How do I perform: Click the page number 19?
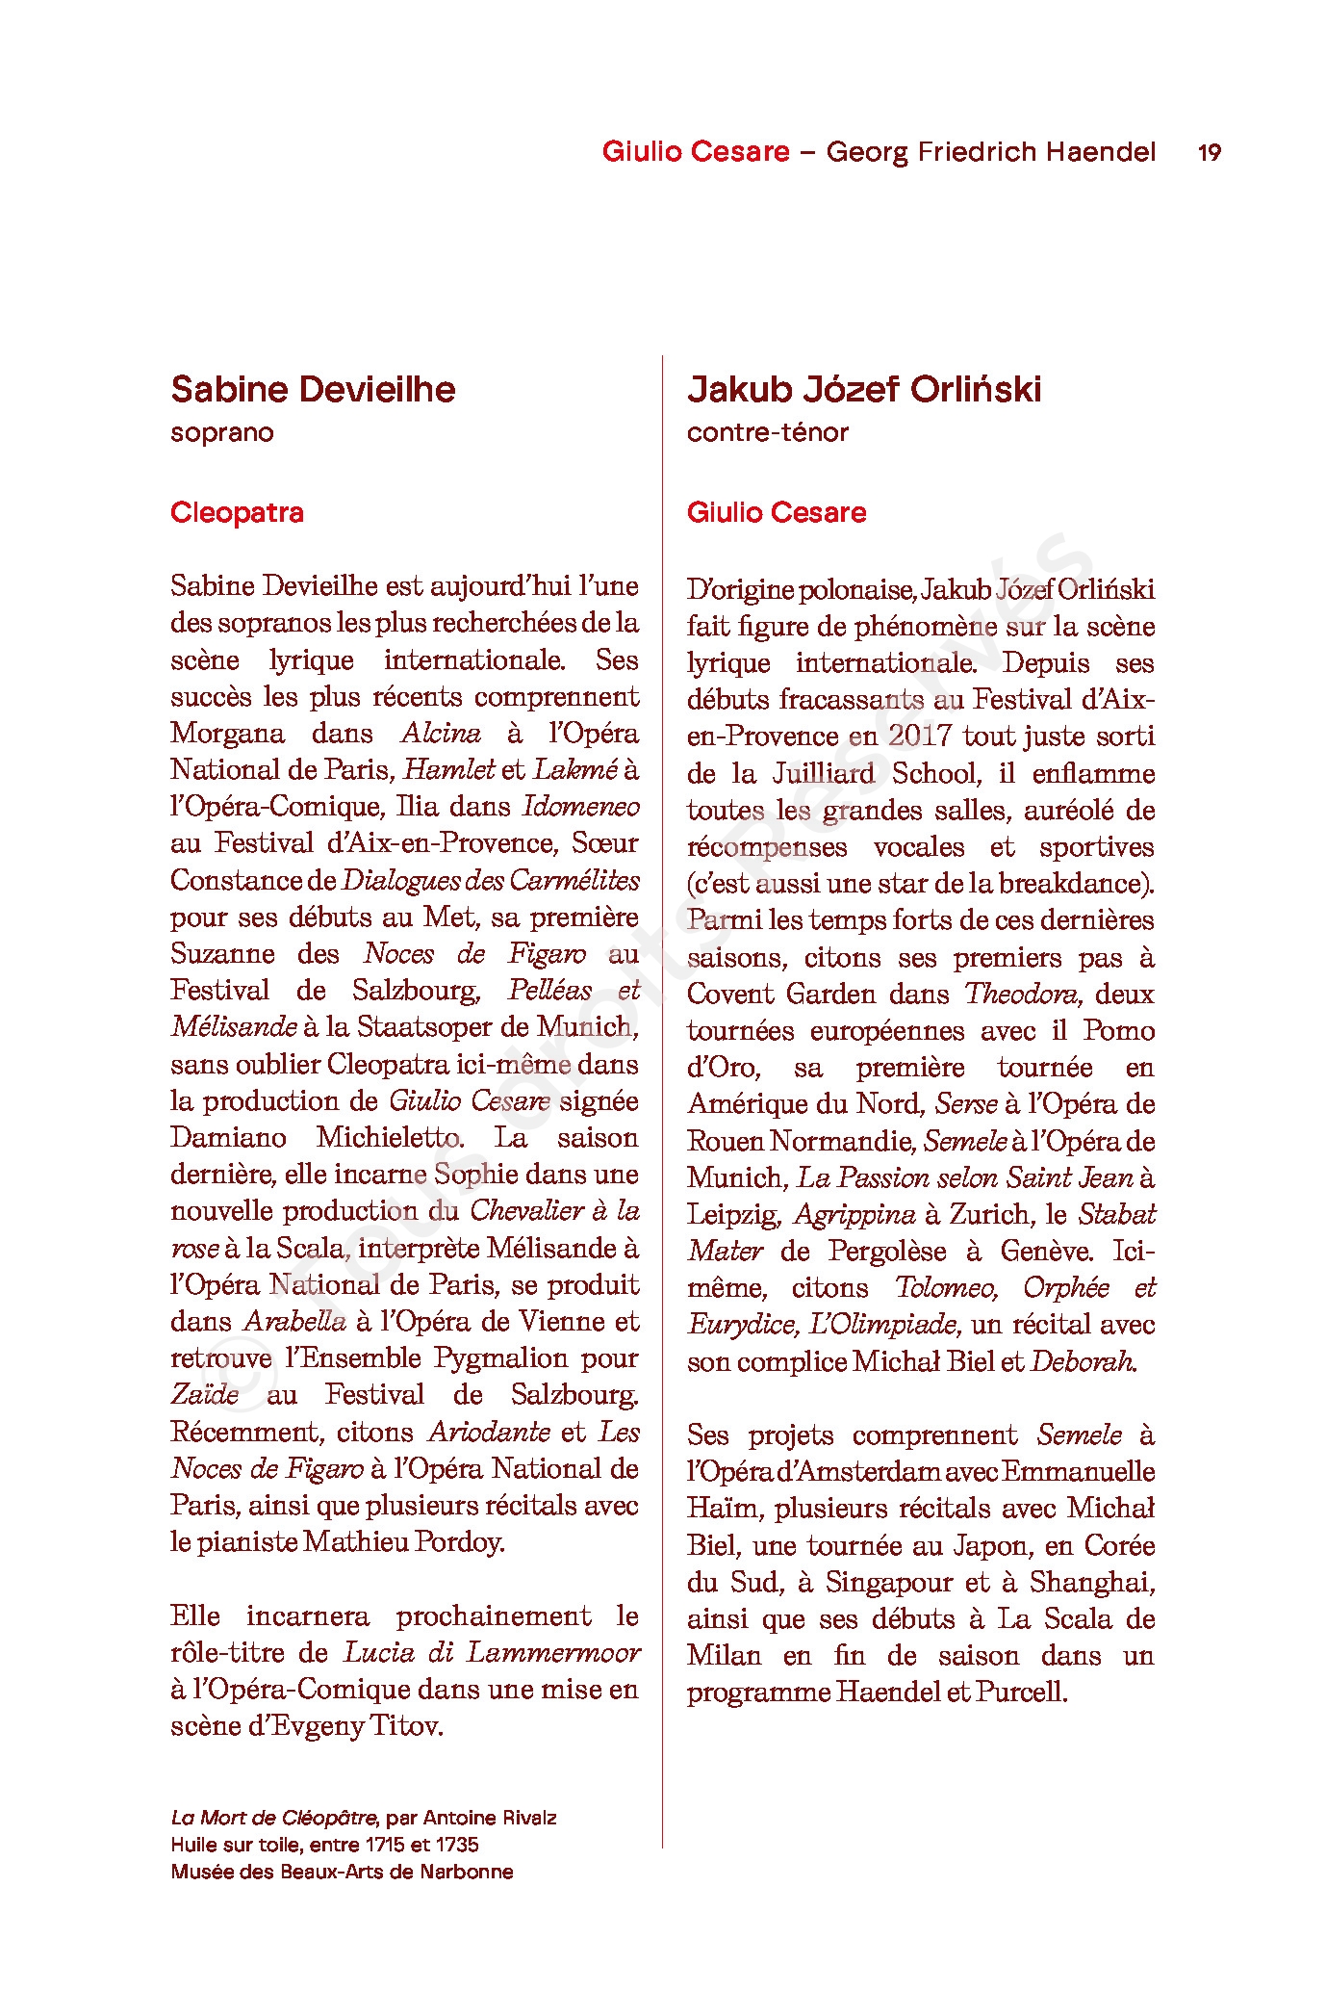(1209, 152)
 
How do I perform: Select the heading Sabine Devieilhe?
(313, 389)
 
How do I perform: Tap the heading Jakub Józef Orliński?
(863, 389)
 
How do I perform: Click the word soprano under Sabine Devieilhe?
(221, 432)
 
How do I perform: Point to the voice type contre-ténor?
(767, 432)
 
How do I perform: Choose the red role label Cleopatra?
(237, 512)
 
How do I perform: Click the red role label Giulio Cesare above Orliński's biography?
(776, 512)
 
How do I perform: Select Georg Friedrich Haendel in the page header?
(990, 152)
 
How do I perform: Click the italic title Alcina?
(441, 733)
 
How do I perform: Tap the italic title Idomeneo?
(580, 806)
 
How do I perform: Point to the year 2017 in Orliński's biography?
(920, 736)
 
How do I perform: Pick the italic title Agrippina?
(854, 1214)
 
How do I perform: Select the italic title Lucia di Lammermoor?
(491, 1652)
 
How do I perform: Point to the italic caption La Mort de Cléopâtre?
(273, 1818)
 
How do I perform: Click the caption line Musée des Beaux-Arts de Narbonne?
(342, 1872)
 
